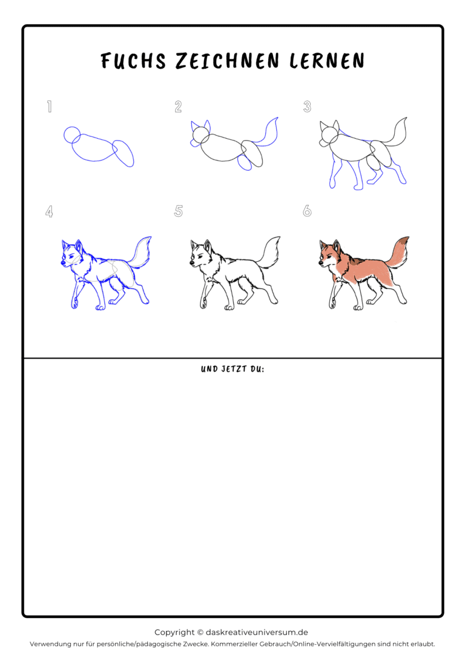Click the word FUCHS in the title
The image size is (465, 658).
coord(133,61)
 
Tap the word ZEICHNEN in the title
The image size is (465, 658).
coord(227,61)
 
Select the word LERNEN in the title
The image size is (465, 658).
coord(327,61)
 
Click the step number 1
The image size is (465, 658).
coord(50,107)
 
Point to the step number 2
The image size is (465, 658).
coord(178,107)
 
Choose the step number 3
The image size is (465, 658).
coord(308,107)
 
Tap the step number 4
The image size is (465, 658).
coord(49,211)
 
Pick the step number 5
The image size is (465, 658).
coord(178,211)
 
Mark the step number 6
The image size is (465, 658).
coord(308,211)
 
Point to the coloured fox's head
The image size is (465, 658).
coord(329,254)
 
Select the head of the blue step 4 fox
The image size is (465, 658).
coord(71,254)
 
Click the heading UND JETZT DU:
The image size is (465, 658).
coord(232,369)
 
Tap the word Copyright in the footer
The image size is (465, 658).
coord(174,633)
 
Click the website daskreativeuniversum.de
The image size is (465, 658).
coord(257,633)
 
